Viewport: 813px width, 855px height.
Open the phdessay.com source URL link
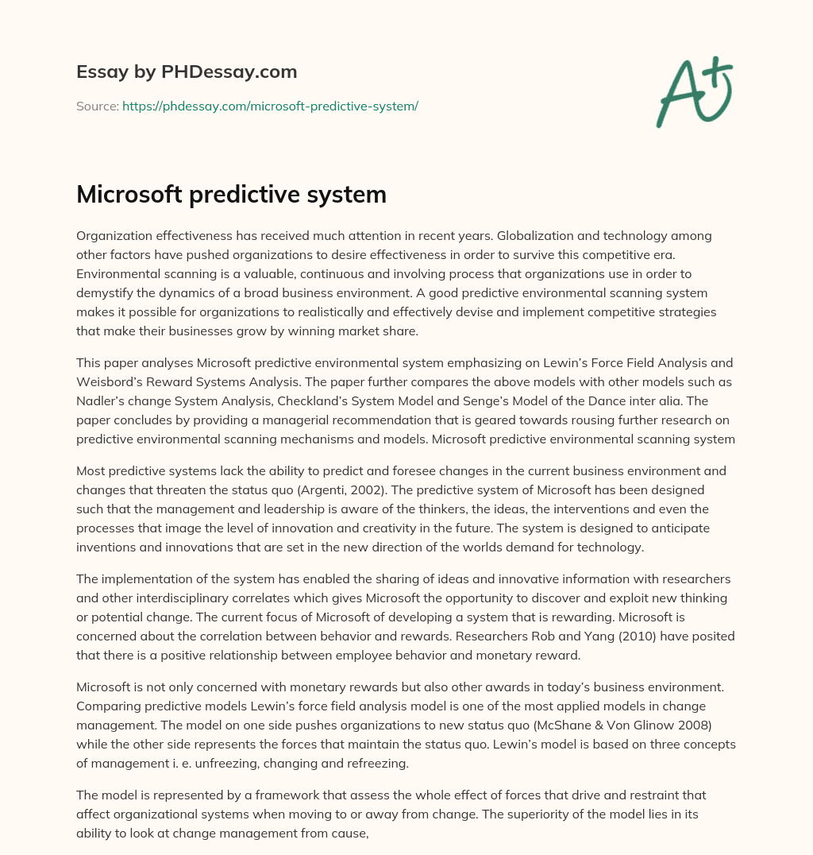pyautogui.click(x=270, y=106)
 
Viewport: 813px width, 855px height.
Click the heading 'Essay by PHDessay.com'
pyautogui.click(x=187, y=72)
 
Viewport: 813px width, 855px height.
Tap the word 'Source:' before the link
pyautogui.click(x=97, y=106)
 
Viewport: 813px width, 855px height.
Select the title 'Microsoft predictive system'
pyautogui.click(x=231, y=195)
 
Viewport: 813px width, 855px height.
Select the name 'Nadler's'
pyautogui.click(x=102, y=400)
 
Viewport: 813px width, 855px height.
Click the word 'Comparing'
pyautogui.click(x=104, y=706)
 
